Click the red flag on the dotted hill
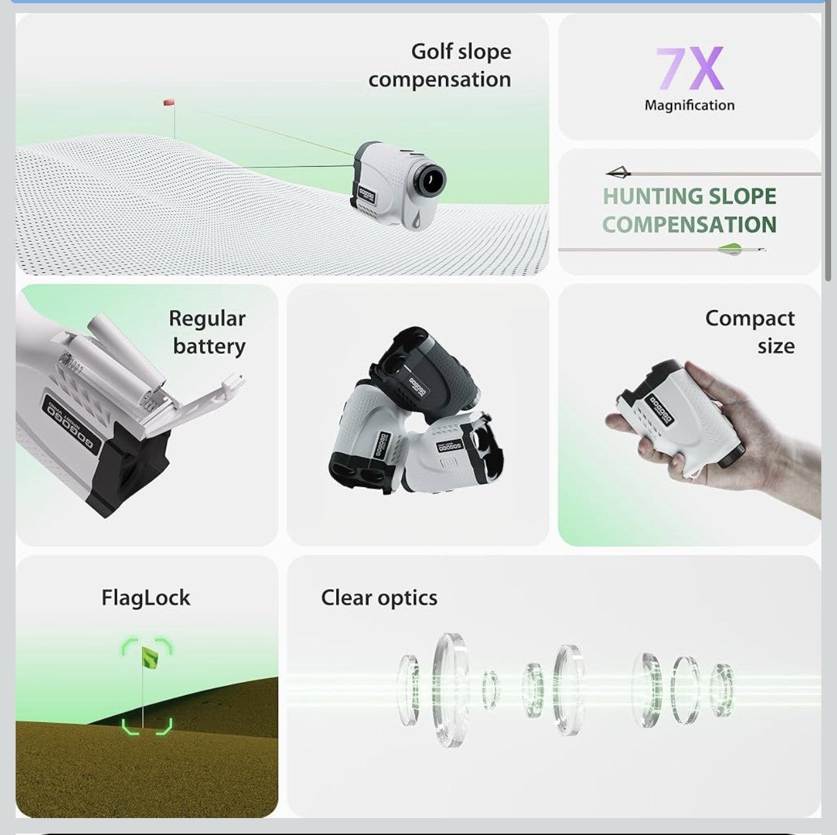tap(169, 103)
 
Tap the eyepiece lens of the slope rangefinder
tap(430, 178)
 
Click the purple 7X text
tap(689, 68)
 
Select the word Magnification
tap(689, 106)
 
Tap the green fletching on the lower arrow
tap(730, 248)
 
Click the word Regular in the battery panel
tap(207, 318)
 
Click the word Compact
tap(750, 318)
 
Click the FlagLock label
tap(145, 598)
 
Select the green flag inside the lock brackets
tap(150, 658)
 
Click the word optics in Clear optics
tap(407, 598)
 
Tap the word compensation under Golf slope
tap(439, 79)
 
